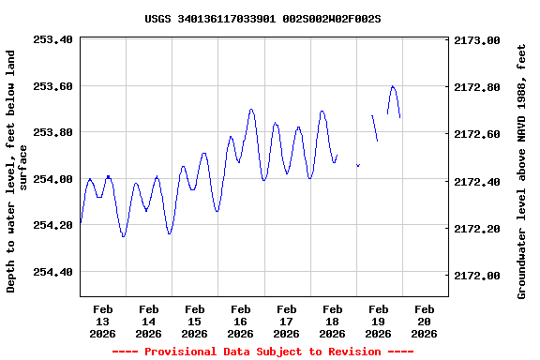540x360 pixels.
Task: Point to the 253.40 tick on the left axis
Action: tap(52, 40)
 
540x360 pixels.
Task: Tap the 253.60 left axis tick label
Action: tap(52, 86)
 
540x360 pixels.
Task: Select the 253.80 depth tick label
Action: tap(52, 132)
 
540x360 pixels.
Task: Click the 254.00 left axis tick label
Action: tap(52, 179)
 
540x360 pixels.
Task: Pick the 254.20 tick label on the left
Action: tap(52, 225)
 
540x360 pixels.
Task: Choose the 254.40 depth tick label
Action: tap(52, 272)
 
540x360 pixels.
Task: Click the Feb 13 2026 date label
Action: tap(103, 321)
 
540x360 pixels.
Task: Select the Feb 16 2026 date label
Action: tap(241, 321)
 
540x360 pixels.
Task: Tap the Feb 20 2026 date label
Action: tap(425, 321)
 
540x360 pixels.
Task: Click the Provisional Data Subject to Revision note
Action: tap(262, 352)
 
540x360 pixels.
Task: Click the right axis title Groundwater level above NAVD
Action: tap(522, 172)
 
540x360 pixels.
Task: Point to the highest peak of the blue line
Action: tap(393, 86)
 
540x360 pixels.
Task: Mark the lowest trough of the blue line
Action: tap(123, 236)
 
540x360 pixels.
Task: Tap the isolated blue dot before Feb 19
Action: tap(358, 165)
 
